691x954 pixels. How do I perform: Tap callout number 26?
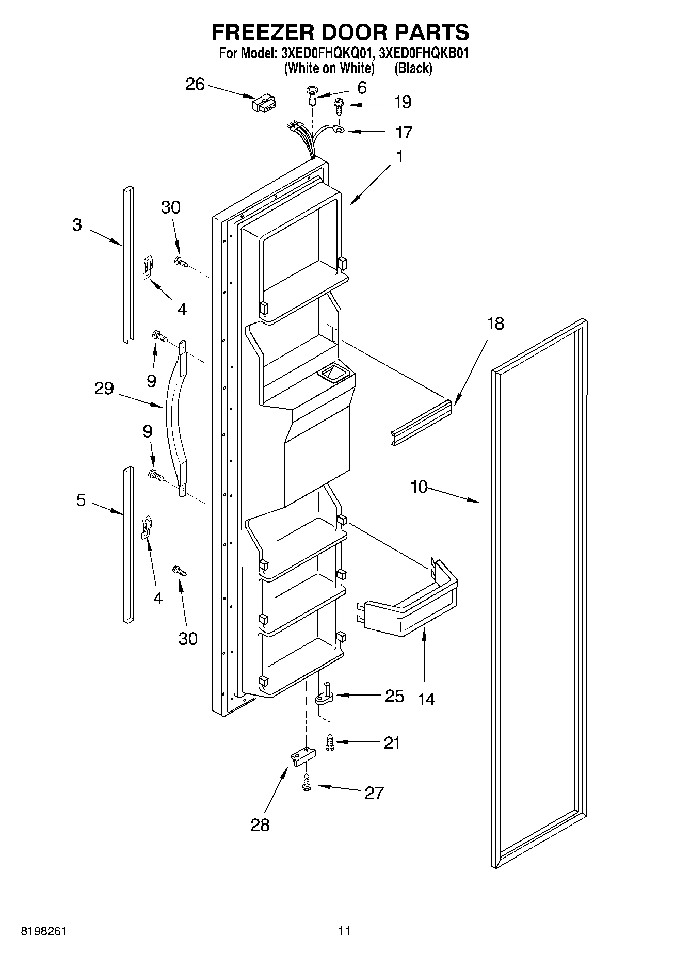[x=195, y=84]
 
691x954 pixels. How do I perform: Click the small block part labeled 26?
[x=264, y=103]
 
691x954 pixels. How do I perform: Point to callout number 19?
[x=403, y=102]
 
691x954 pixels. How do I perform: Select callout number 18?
[x=495, y=324]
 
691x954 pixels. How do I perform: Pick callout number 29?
[x=104, y=388]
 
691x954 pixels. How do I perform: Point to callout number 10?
[x=419, y=487]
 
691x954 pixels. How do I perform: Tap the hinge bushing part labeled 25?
[x=325, y=694]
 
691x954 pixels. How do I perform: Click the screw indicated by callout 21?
[x=329, y=743]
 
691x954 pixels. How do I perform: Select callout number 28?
[x=260, y=824]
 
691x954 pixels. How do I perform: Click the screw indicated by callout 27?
[x=307, y=782]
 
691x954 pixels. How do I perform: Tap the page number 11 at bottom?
[x=344, y=931]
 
